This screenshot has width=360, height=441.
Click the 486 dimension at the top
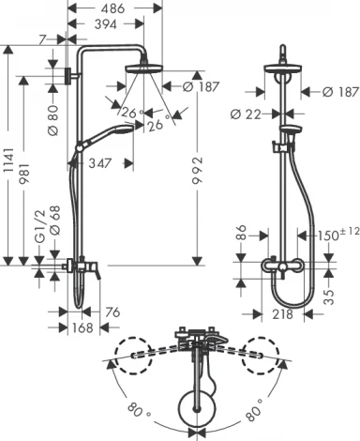tap(114, 8)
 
